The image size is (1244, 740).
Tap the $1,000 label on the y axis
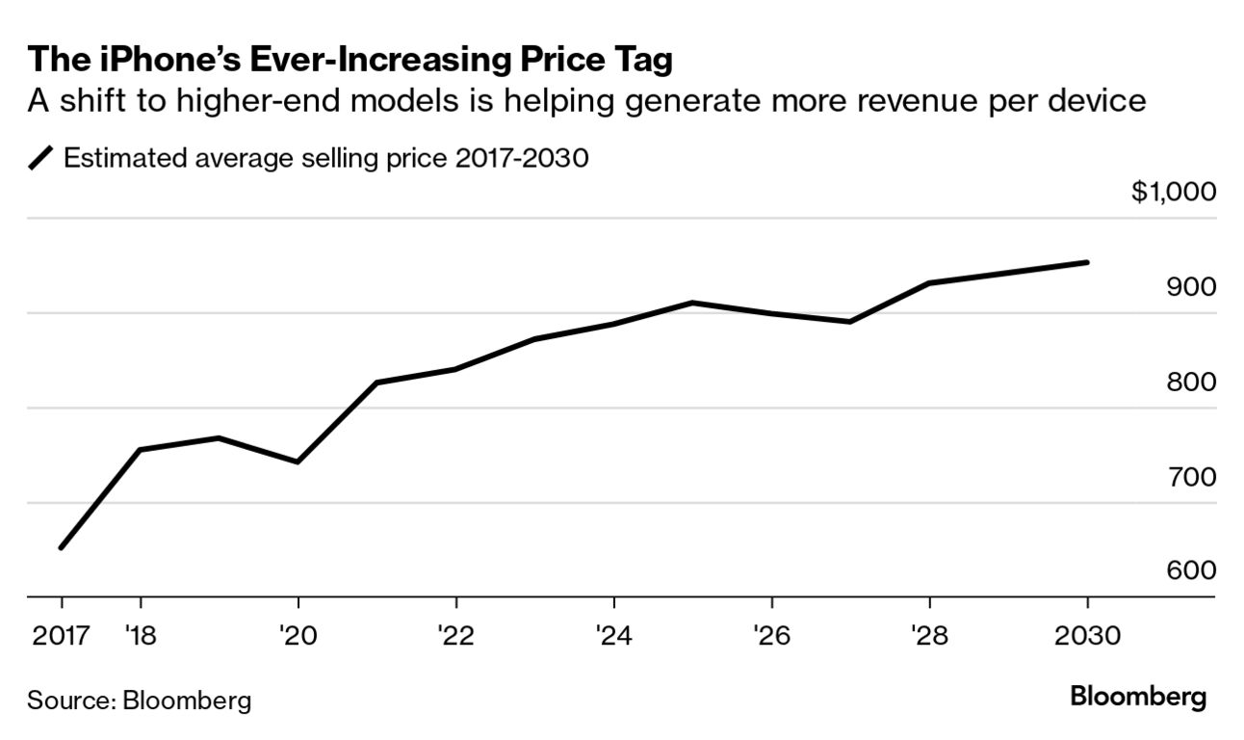[x=1173, y=192]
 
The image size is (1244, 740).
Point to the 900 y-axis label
[x=1190, y=287]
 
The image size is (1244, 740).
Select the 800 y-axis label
[x=1190, y=383]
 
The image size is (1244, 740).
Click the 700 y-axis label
[x=1190, y=477]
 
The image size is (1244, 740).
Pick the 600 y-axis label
[x=1190, y=571]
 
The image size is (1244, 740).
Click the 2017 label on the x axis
[x=61, y=636]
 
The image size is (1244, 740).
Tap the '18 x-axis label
[x=141, y=636]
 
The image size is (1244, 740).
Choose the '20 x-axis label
[x=298, y=636]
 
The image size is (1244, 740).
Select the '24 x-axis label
[x=613, y=636]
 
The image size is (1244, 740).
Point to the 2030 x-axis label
[x=1087, y=636]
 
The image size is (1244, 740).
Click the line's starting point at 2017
[x=62, y=547]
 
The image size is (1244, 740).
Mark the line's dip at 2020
[x=298, y=462]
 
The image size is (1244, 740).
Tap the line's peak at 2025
[x=692, y=303]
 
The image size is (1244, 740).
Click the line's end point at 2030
[x=1087, y=262]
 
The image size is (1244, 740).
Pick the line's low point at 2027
[x=850, y=322]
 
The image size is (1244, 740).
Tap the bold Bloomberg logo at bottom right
[x=1138, y=698]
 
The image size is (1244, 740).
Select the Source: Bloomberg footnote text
[x=139, y=700]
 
